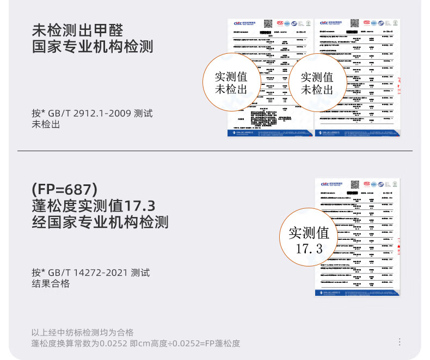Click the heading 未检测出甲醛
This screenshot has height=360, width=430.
pyautogui.click(x=77, y=29)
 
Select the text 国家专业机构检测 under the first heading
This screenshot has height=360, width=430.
pyautogui.click(x=93, y=46)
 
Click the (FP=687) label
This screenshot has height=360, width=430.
pyautogui.click(x=65, y=190)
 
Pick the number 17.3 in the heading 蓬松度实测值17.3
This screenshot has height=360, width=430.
pyautogui.click(x=140, y=206)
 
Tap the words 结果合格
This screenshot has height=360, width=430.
pyautogui.click(x=51, y=284)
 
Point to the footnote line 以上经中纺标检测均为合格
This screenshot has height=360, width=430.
pyautogui.click(x=82, y=332)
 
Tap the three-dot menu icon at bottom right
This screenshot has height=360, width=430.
pyautogui.click(x=400, y=342)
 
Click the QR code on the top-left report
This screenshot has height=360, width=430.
pyautogui.click(x=268, y=24)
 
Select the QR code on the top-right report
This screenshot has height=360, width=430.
pyautogui.click(x=354, y=24)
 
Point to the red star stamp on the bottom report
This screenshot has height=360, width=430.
pyautogui.click(x=398, y=246)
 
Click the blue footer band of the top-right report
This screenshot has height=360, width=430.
pyautogui.click(x=357, y=133)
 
